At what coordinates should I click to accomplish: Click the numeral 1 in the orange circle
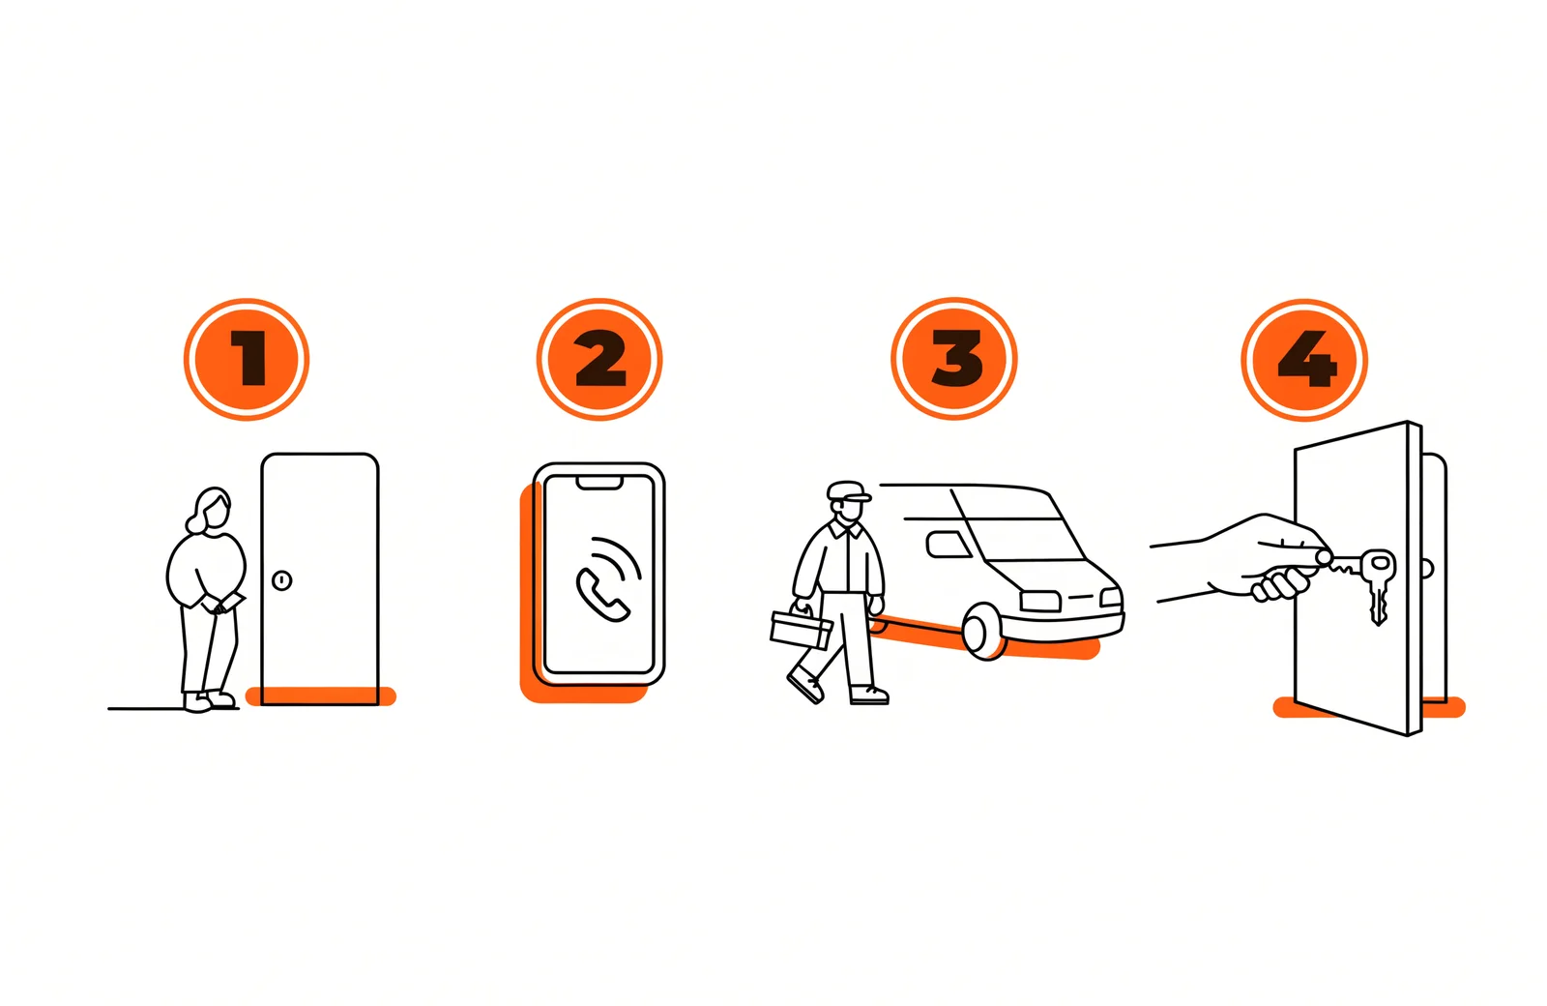pyautogui.click(x=249, y=358)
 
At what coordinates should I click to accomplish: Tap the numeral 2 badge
pyautogui.click(x=599, y=359)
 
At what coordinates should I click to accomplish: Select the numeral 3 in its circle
pyautogui.click(x=956, y=358)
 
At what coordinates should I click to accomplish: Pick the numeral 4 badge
pyautogui.click(x=1304, y=359)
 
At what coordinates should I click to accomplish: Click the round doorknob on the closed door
pyautogui.click(x=281, y=580)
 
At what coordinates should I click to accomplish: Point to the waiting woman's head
pyautogui.click(x=211, y=511)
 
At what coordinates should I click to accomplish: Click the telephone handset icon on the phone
pyautogui.click(x=601, y=595)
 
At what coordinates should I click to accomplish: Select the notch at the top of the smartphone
pyautogui.click(x=599, y=483)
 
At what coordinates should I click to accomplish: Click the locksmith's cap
pyautogui.click(x=849, y=490)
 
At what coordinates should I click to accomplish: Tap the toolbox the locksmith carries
pyautogui.click(x=802, y=627)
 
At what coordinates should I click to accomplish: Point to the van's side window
pyautogui.click(x=949, y=545)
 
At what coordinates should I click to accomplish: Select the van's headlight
pyautogui.click(x=1040, y=601)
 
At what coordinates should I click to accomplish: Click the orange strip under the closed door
pyautogui.click(x=321, y=695)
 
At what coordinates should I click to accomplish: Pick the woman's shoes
pyautogui.click(x=209, y=701)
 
